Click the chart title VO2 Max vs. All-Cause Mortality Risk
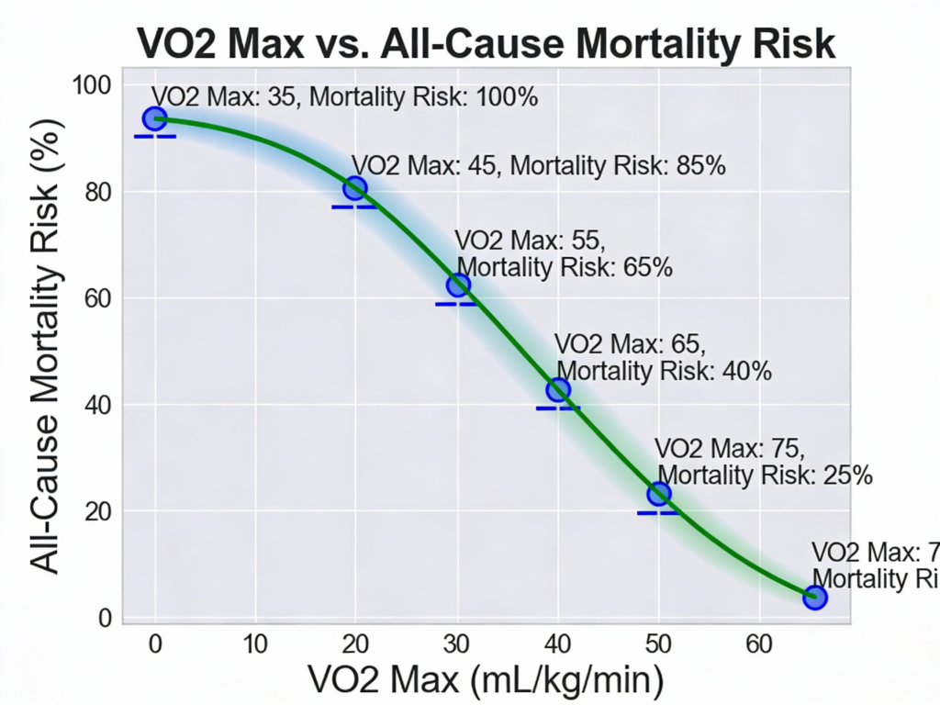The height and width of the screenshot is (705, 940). coord(487,42)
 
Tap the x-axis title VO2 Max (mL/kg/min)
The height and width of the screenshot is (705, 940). coord(486,680)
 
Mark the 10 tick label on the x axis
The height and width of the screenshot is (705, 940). coord(255,643)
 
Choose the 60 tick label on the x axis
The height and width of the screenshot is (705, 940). coord(758,643)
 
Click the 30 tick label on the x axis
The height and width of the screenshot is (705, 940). coord(456,643)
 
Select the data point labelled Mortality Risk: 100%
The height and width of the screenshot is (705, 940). coord(154,118)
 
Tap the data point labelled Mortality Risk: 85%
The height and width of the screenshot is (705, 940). coord(355,188)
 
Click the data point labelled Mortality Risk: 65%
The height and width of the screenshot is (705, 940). coord(458,285)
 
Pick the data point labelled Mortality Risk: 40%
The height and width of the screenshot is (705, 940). coord(558,390)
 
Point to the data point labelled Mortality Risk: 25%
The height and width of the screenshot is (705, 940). coord(658,494)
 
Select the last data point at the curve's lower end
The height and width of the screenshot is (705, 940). coord(815,598)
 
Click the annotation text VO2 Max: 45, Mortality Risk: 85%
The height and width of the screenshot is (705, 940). coord(539,166)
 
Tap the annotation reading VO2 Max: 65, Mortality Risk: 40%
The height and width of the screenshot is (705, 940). coord(664,358)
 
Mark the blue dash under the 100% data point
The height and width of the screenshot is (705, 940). coord(154,136)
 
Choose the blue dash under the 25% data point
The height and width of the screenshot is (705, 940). coord(658,512)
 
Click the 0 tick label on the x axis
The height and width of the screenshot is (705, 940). coord(154,643)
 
